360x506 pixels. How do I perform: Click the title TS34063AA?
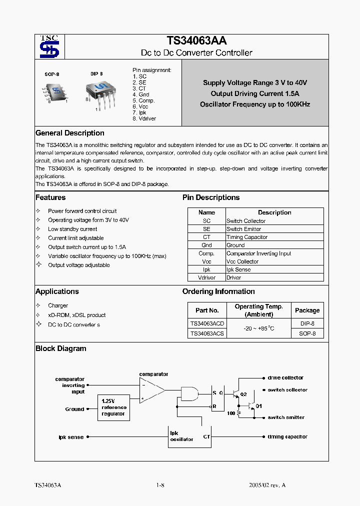tap(196, 41)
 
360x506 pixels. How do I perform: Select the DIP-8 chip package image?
tap(98, 92)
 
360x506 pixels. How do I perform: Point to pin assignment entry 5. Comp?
tap(144, 100)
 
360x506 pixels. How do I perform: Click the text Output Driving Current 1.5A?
tap(255, 93)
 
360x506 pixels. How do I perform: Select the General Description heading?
tap(70, 133)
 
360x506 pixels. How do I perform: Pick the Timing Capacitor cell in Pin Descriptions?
tap(247, 237)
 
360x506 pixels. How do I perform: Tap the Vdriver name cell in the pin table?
tap(206, 277)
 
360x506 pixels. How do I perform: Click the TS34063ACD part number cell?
tap(207, 323)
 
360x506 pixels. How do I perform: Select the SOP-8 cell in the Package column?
tap(307, 333)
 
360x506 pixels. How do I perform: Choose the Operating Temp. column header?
tap(258, 310)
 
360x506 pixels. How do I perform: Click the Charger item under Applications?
tap(58, 305)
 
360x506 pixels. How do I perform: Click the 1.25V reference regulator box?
tap(114, 407)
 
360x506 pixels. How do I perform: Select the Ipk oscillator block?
tap(181, 436)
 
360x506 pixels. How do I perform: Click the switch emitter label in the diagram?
tap(285, 417)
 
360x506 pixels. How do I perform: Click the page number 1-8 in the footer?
tap(160, 485)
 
